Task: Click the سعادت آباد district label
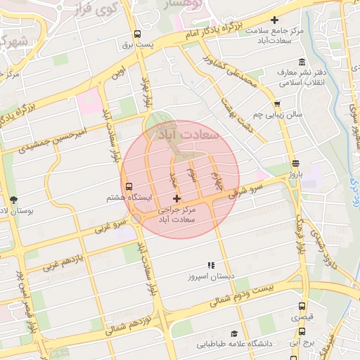point(191,133)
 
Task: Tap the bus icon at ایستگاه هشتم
point(129,186)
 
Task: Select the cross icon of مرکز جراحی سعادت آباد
point(176,199)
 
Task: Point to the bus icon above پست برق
point(136,34)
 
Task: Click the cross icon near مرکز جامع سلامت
point(274,21)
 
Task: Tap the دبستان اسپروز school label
point(210,276)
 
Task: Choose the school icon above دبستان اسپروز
point(210,265)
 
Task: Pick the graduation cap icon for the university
point(234,334)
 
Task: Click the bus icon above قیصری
point(302,307)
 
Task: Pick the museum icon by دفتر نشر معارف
point(302,61)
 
